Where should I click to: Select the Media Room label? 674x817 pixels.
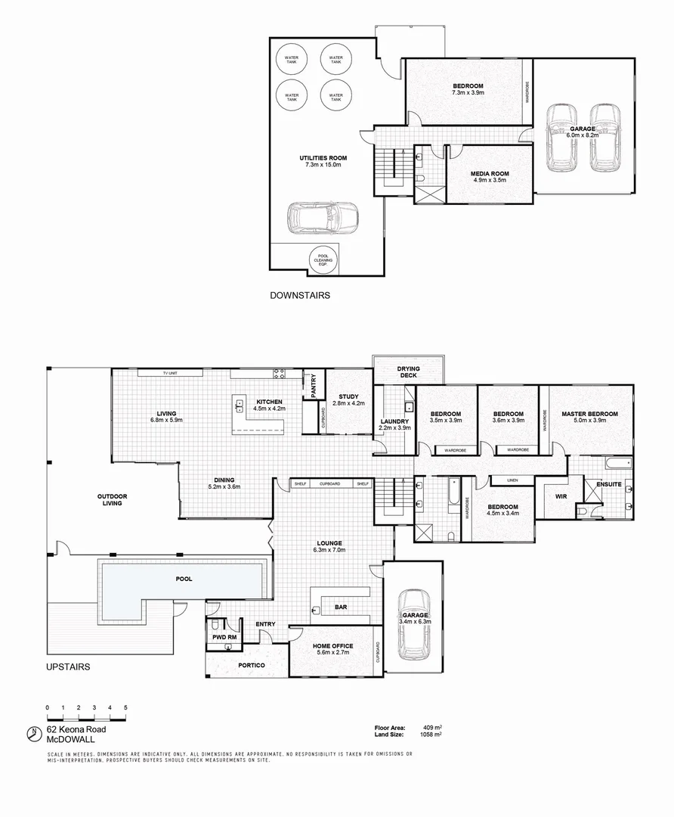click(489, 173)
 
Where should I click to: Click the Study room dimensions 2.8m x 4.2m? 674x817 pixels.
click(348, 404)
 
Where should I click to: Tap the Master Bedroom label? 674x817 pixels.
click(589, 414)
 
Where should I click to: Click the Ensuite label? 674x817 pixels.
click(608, 483)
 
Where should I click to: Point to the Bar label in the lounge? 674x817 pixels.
click(341, 607)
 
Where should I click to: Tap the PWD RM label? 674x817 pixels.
click(223, 637)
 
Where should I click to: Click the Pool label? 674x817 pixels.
click(183, 579)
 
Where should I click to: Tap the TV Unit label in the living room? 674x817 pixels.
click(170, 372)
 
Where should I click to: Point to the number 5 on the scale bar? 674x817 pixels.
click(125, 707)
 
